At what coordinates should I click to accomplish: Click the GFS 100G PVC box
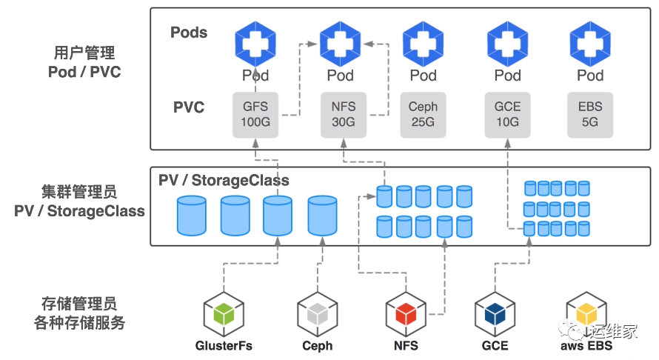(x=255, y=115)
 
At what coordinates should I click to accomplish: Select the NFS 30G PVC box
(x=344, y=115)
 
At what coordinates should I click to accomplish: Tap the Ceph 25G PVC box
(x=423, y=115)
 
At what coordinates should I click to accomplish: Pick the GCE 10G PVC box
(x=507, y=115)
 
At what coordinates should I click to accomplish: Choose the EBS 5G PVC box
(x=590, y=115)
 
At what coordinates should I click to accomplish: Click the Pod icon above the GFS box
(x=255, y=42)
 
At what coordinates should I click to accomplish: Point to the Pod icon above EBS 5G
(x=590, y=42)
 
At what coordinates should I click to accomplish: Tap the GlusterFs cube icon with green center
(x=224, y=314)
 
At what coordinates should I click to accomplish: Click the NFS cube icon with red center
(x=406, y=314)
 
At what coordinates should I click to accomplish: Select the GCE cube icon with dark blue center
(x=495, y=314)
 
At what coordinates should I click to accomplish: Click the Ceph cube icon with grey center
(x=317, y=314)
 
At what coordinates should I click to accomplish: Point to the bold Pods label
(x=189, y=33)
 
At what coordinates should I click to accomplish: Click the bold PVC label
(x=189, y=108)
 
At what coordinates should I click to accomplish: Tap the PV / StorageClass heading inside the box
(x=224, y=181)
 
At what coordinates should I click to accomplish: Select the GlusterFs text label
(x=224, y=346)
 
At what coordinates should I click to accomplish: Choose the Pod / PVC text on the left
(x=84, y=72)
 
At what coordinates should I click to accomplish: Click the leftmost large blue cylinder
(x=192, y=215)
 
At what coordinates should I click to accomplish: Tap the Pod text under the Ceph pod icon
(x=423, y=76)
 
